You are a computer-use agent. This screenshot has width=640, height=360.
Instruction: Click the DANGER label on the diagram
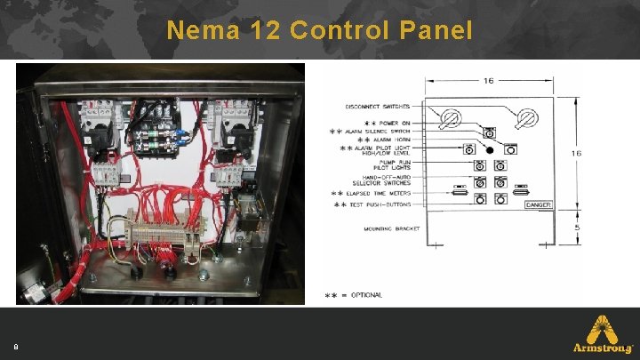[539, 205]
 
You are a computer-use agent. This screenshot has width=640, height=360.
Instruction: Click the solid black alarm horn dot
[488, 148]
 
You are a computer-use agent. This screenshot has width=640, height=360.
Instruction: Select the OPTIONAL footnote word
[365, 295]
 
